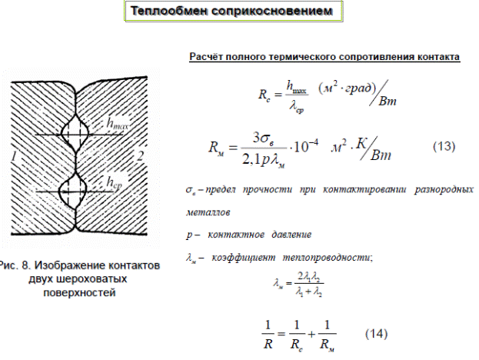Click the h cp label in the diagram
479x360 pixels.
pyautogui.click(x=115, y=182)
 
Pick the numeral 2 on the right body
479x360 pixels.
pyautogui.click(x=139, y=157)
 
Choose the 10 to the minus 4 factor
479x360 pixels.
pyautogui.click(x=314, y=147)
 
